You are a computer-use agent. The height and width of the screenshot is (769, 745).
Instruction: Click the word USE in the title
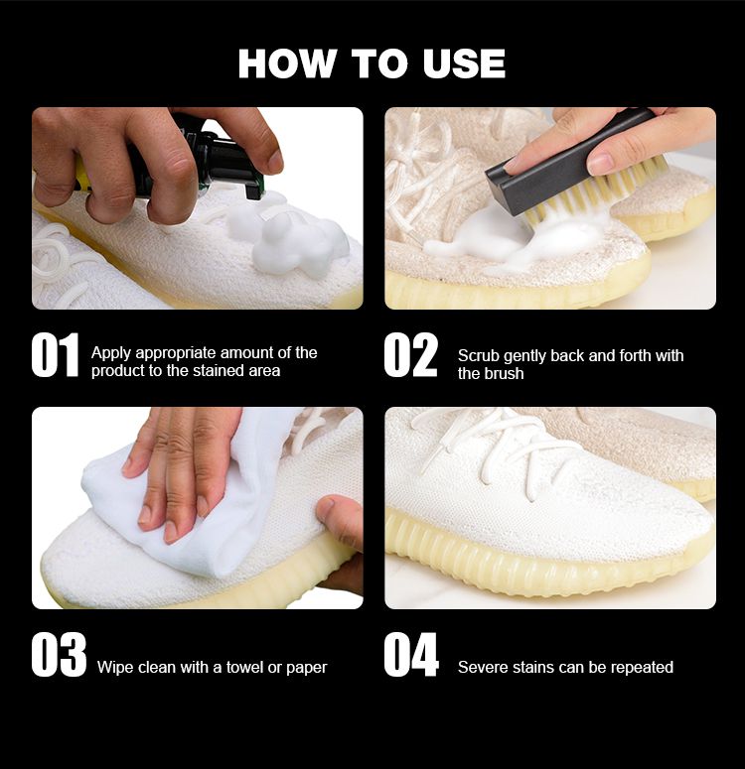click(464, 64)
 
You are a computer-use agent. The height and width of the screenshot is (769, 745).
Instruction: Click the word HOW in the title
click(287, 64)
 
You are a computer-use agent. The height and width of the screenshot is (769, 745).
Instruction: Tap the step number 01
click(55, 355)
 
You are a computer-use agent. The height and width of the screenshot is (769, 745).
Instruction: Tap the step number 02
click(410, 355)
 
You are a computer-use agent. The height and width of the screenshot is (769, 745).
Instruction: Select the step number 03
click(59, 655)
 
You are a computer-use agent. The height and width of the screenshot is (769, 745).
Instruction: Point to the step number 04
click(411, 655)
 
